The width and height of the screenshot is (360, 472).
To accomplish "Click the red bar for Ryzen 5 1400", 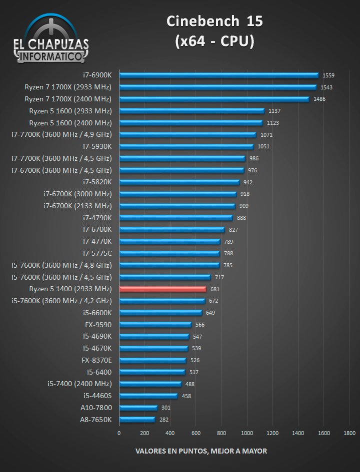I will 162,289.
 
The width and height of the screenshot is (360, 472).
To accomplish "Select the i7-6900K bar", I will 218,75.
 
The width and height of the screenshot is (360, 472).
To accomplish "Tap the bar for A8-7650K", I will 137,420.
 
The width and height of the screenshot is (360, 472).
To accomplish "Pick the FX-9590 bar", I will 155,325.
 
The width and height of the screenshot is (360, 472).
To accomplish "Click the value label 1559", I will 328,75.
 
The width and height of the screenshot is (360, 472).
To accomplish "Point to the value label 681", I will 215,289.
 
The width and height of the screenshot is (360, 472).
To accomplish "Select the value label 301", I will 166,408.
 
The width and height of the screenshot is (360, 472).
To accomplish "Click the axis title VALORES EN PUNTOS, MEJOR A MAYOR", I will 201,451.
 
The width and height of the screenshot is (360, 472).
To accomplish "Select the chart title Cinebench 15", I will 214,21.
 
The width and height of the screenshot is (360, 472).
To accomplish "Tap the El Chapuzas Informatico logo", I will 51,40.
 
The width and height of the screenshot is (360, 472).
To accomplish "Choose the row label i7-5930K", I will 97,146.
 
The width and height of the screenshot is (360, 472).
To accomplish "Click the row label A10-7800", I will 96,408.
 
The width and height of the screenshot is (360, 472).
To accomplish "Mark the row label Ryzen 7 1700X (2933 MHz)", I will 68,87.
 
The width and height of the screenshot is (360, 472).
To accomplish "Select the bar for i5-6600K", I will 160,313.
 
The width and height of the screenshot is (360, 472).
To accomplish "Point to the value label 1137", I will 274,111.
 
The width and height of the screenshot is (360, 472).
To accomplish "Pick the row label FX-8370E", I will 96,360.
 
